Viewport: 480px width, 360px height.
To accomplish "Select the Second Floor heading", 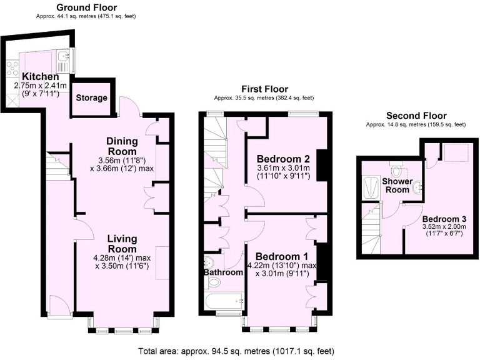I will coord(416,116).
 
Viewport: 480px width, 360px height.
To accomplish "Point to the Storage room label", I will coord(91,98).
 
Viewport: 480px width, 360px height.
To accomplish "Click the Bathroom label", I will coord(222,272).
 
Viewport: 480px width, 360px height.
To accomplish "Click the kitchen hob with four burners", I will coord(12,67).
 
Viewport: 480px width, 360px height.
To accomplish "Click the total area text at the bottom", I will coord(239,351).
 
